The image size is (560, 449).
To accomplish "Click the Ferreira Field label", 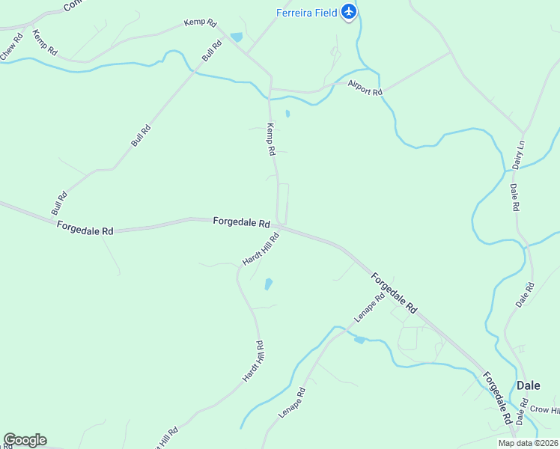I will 307,12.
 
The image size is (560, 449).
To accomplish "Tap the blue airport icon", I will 348,12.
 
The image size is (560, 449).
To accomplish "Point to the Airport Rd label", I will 366,87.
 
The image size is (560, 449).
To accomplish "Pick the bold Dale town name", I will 529,385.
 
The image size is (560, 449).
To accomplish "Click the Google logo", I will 25,440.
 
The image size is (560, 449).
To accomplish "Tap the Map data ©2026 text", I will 529,443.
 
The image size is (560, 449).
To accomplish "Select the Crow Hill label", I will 544,409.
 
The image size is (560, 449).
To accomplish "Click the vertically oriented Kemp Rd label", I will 271,139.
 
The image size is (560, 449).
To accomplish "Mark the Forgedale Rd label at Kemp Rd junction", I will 241,222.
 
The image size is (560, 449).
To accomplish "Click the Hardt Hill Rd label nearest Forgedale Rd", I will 261,249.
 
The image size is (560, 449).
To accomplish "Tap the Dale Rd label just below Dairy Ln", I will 514,197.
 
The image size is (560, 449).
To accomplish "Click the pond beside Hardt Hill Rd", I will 268,284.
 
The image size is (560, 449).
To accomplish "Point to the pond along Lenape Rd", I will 359,340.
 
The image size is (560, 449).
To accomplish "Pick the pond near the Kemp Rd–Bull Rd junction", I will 237,37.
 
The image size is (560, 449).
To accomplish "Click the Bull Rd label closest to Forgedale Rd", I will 59,204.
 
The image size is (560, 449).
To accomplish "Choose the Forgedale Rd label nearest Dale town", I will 497,396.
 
